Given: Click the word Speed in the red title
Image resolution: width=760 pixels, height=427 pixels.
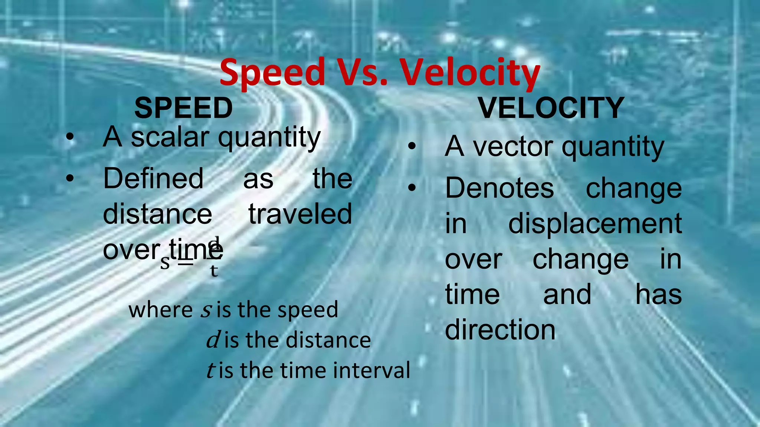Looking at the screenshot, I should tap(273, 72).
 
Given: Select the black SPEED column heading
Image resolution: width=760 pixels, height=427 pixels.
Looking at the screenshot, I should tap(183, 108).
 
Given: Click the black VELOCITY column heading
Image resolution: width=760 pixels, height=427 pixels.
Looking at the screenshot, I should tap(551, 108).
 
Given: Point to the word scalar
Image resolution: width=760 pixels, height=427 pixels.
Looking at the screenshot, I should tap(170, 137).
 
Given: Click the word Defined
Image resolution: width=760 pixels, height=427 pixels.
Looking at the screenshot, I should tap(153, 178).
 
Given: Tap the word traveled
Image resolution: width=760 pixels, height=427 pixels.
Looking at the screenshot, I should tap(300, 214).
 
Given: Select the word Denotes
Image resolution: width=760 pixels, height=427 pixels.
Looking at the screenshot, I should tap(499, 188).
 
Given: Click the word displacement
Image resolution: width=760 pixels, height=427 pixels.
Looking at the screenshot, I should tap(595, 224).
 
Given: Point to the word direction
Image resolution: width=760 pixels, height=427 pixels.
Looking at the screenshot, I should tap(500, 330).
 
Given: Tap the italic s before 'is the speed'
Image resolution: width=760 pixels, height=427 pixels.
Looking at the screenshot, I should tap(206, 310).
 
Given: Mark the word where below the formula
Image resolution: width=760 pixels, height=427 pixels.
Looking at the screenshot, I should tap(160, 310).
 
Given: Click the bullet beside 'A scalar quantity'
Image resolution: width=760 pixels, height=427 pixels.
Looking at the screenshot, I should tap(70, 138).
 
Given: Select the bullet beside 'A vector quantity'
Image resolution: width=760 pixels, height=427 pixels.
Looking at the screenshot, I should tap(412, 147).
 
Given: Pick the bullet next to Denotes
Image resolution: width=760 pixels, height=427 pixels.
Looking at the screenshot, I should tap(412, 188).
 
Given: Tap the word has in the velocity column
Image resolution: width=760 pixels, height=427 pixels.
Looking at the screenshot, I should tap(658, 295).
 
